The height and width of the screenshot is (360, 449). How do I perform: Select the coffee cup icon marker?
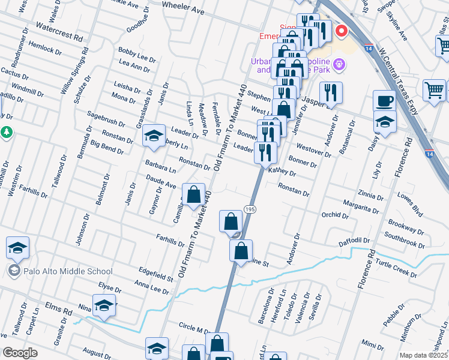pos(384,100)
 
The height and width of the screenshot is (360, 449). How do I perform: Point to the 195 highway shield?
pos(250,208)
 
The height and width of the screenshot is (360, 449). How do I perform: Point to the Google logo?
pos(20,353)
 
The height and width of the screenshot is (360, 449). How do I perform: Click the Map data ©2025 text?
pos(424,355)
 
